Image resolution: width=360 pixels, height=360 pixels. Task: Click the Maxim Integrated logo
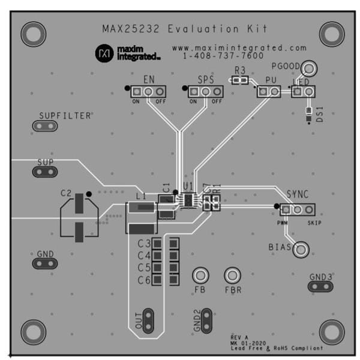pyautogui.click(x=127, y=53)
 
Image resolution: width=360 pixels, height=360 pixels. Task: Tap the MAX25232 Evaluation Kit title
pyautogui.click(x=184, y=29)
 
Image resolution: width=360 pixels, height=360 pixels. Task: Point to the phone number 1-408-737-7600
pyautogui.click(x=223, y=56)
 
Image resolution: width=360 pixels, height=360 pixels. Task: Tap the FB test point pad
pyautogui.click(x=200, y=276)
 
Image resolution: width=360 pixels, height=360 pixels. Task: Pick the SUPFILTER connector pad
pyautogui.click(x=44, y=126)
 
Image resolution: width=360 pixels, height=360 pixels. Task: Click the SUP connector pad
pyautogui.click(x=44, y=172)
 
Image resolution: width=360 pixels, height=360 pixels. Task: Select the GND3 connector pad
pyautogui.click(x=320, y=287)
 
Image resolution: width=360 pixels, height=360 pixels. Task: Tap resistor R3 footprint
pyautogui.click(x=241, y=79)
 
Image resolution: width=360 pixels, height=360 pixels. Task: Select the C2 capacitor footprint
pyautogui.click(x=79, y=219)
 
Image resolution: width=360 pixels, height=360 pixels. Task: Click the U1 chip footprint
pyautogui.click(x=188, y=200)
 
